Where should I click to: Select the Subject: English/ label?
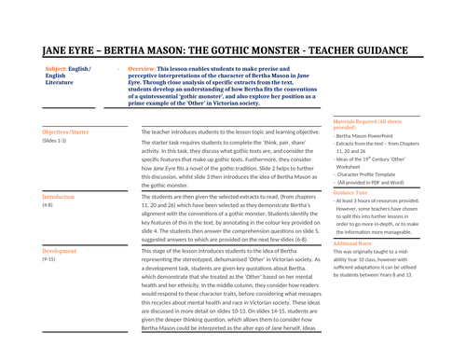coord(66,70)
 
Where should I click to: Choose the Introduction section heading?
coord(59,199)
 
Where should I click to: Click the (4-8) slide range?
coord(48,207)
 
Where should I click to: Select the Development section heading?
coord(60,252)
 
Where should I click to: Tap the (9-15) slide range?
coord(50,260)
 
